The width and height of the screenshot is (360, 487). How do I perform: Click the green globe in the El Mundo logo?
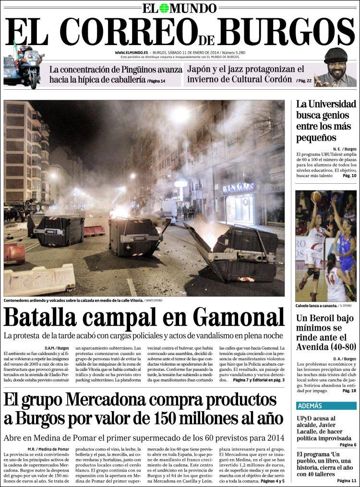point(164,8)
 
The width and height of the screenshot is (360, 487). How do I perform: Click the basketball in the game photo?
point(316,197)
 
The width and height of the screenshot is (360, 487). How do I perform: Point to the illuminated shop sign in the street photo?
point(238,188)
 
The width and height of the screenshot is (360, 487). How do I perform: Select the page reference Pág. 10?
point(349,176)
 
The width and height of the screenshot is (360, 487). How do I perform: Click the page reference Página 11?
point(347,480)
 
